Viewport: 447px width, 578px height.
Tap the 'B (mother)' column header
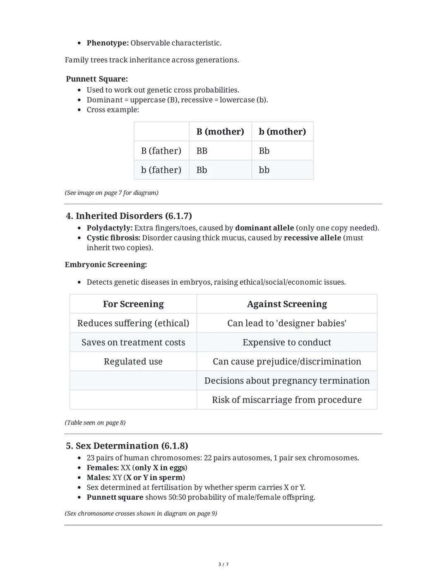220,132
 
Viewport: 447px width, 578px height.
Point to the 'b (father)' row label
161,170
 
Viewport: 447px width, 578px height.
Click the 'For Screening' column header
133,304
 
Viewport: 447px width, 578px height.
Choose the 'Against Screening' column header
287,304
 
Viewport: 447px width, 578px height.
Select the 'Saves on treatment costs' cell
133,343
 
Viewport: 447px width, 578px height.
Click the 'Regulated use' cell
133,362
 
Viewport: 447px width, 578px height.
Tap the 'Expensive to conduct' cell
287,343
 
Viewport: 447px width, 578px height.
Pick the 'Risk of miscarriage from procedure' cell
287,400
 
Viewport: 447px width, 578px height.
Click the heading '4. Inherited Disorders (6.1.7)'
129,216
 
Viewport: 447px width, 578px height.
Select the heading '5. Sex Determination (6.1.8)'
127,446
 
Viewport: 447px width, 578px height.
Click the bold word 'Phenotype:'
108,43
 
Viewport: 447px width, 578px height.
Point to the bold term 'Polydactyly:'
110,228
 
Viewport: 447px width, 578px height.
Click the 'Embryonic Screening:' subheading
106,265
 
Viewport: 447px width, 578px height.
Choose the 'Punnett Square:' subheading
97,79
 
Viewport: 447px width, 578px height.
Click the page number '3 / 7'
223,564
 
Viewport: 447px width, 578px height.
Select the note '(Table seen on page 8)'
95,423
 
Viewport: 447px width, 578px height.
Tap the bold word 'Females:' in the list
103,468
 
